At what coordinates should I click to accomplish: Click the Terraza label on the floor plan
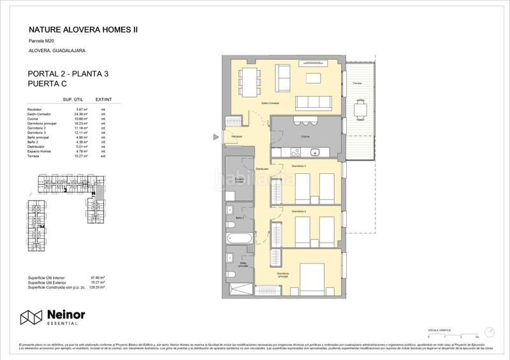(x=358, y=83)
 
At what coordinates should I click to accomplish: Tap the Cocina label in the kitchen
(x=305, y=136)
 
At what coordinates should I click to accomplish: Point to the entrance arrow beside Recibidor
(x=217, y=136)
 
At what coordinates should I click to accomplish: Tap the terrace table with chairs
(x=361, y=110)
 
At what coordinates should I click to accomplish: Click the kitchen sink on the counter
(x=315, y=152)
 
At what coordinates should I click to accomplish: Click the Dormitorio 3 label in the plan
(x=300, y=166)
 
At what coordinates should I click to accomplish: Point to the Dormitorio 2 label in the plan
(x=300, y=211)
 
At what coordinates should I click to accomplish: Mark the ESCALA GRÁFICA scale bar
(x=452, y=335)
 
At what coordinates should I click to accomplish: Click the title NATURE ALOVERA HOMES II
(x=84, y=29)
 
